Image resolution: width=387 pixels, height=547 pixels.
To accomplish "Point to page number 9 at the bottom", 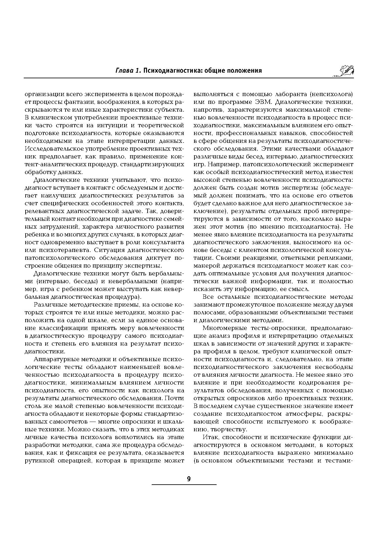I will click(x=189, y=479).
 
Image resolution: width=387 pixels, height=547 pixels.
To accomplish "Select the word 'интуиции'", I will click(x=111, y=125).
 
